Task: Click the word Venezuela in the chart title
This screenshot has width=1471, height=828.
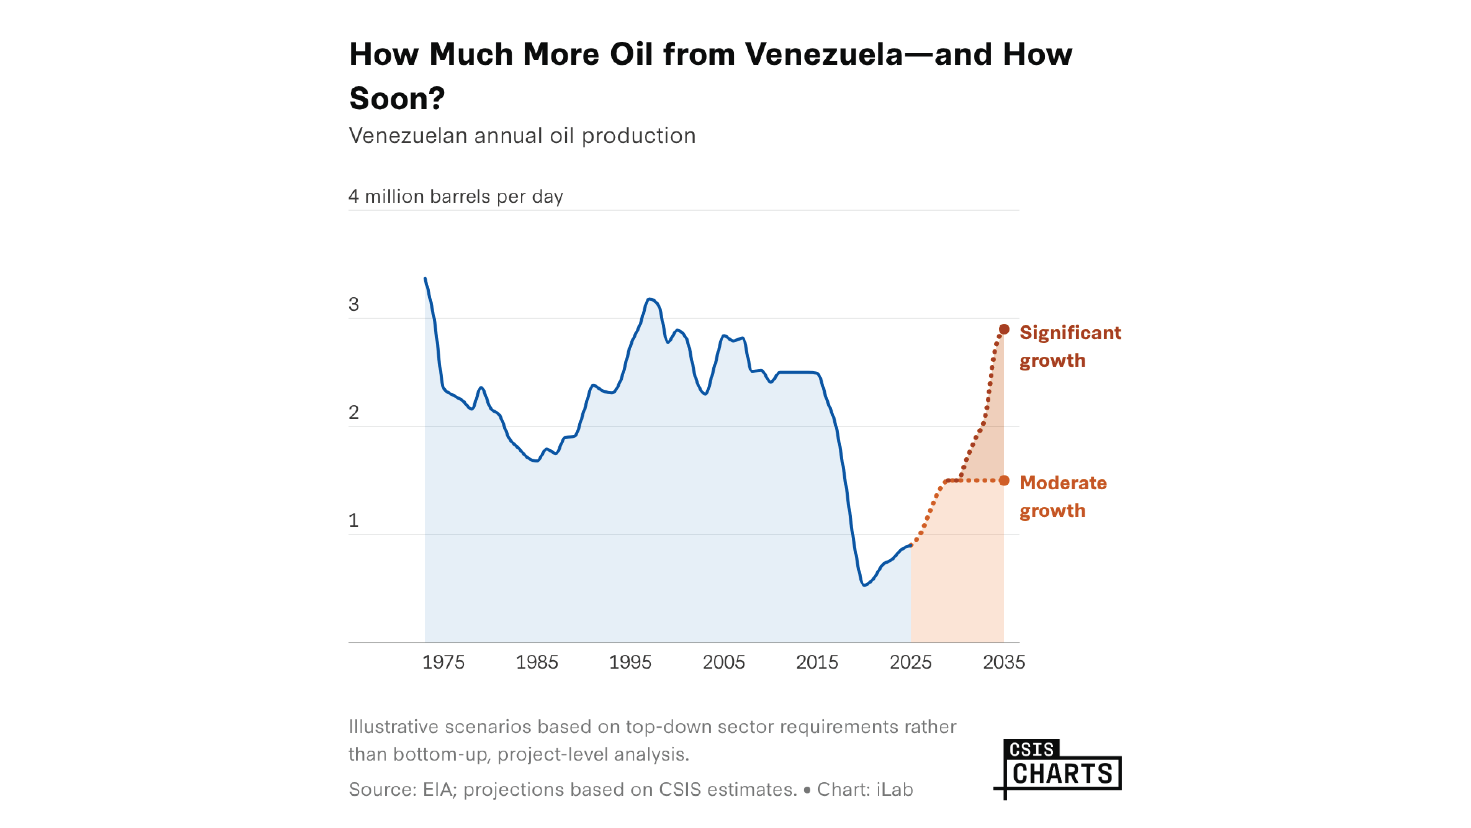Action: tap(824, 55)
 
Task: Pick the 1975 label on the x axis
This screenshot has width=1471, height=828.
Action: tap(443, 662)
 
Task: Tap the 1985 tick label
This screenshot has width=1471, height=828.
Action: tap(537, 662)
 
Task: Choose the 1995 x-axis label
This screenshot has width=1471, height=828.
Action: tap(630, 662)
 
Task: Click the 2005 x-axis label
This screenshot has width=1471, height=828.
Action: tap(723, 662)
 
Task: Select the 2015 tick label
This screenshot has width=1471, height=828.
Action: tap(817, 662)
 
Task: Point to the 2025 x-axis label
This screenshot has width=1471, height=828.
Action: tap(910, 662)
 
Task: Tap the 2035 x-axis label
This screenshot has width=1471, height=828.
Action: tap(1004, 662)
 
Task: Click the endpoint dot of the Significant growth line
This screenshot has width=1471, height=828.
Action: tap(1004, 330)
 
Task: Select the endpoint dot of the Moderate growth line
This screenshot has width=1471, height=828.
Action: tap(1004, 480)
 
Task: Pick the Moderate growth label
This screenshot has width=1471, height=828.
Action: tap(1063, 497)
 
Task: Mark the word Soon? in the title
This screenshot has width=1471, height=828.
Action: tap(397, 98)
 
